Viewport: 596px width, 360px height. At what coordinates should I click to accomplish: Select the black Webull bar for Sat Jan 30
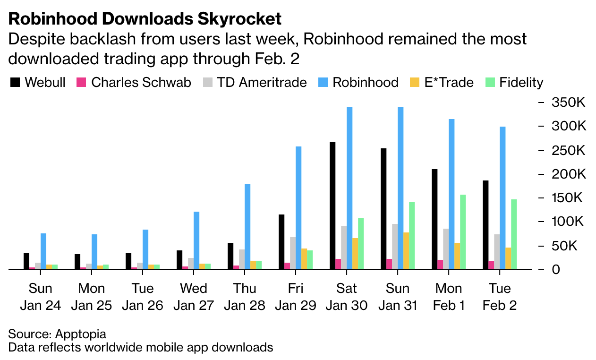[x=332, y=206]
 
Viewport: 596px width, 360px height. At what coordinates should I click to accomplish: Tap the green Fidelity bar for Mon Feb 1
[x=463, y=232]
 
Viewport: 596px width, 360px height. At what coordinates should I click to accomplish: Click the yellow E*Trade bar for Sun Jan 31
[x=406, y=251]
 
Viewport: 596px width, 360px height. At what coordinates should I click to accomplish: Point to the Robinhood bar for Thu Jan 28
[x=247, y=227]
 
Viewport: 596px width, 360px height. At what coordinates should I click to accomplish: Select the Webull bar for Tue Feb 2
[x=485, y=225]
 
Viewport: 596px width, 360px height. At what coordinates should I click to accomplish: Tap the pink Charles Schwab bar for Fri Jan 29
[x=287, y=266]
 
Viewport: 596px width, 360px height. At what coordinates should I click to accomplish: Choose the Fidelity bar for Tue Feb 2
[x=514, y=234]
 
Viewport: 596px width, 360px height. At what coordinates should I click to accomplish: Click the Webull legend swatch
[x=15, y=83]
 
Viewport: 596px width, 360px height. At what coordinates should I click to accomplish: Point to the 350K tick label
[x=569, y=102]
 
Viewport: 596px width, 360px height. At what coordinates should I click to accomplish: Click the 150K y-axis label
[x=569, y=197]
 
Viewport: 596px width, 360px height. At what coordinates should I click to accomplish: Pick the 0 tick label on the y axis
[x=557, y=269]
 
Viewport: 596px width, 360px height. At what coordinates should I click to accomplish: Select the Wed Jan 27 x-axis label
[x=193, y=297]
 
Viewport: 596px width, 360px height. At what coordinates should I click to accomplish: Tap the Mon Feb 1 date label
[x=449, y=297]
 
